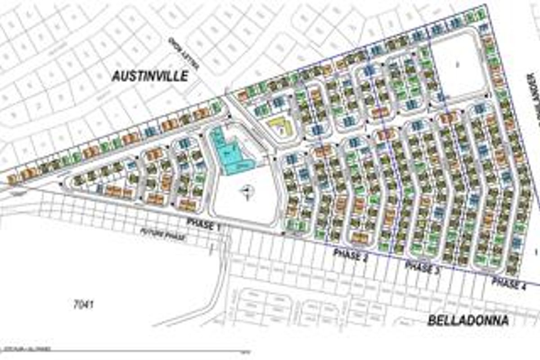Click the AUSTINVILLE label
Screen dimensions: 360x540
(150, 76)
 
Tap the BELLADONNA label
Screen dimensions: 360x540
(468, 320)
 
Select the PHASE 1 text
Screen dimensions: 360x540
(203, 224)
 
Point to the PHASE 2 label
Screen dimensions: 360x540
(354, 255)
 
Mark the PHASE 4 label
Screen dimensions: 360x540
(508, 283)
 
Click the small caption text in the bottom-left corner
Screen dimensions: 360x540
(27, 348)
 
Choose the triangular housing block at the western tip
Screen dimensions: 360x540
(103, 180)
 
